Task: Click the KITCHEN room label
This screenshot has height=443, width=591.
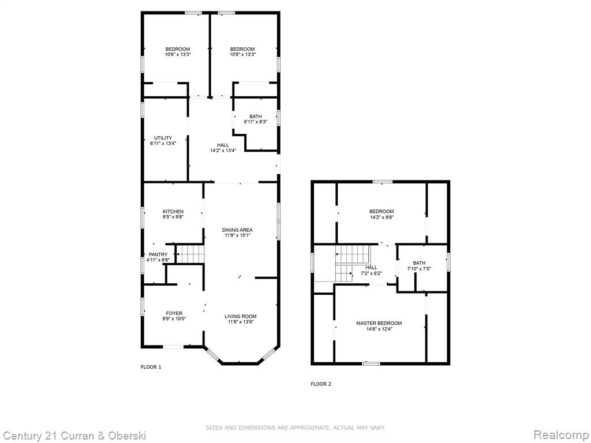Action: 173,212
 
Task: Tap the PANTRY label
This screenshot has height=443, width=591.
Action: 158,254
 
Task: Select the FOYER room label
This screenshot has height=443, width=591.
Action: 174,313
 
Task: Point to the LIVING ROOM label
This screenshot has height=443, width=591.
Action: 241,317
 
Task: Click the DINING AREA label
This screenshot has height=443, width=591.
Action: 237,230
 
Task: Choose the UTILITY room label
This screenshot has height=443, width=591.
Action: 163,138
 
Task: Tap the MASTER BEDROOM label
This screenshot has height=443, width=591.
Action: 379,323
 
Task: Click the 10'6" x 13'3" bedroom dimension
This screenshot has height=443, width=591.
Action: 178,54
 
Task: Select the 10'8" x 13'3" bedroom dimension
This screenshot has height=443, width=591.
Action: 242,54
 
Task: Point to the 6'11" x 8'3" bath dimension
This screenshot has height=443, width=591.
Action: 256,122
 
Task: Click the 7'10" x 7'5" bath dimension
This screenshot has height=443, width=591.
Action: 419,269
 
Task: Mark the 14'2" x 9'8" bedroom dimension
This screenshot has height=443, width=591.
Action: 381,217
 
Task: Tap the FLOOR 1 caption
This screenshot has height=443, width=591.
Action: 151,367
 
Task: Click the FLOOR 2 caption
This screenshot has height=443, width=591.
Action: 321,384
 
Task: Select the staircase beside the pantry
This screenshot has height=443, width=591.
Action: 190,254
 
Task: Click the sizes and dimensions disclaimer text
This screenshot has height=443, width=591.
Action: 295,428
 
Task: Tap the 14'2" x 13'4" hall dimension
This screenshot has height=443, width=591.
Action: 223,151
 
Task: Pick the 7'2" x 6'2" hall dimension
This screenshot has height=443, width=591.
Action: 371,273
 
